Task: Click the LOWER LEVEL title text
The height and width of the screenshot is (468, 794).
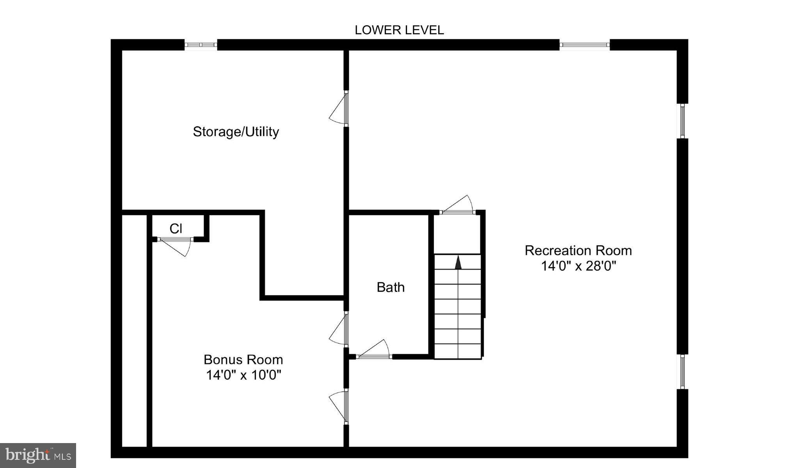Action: pyautogui.click(x=399, y=30)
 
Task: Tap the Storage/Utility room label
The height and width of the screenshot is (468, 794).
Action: pyautogui.click(x=236, y=132)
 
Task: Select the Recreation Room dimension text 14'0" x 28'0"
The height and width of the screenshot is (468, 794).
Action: pyautogui.click(x=578, y=266)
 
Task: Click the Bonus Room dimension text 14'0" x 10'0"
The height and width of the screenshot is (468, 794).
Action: pyautogui.click(x=243, y=375)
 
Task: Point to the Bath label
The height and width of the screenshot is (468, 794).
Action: pyautogui.click(x=390, y=287)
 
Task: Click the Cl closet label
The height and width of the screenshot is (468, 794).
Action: pyautogui.click(x=176, y=229)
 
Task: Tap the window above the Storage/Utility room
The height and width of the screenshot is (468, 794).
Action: pyautogui.click(x=201, y=45)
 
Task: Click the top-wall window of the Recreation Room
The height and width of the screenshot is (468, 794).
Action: pyautogui.click(x=584, y=45)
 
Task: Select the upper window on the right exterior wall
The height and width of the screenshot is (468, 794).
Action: pyautogui.click(x=682, y=121)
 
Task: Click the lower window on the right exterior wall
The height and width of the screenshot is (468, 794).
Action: pyautogui.click(x=682, y=371)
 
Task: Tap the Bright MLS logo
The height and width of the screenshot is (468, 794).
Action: pyautogui.click(x=38, y=455)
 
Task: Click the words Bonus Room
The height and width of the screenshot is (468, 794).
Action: pyautogui.click(x=243, y=359)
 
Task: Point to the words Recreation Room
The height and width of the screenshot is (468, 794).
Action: pyautogui.click(x=578, y=251)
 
